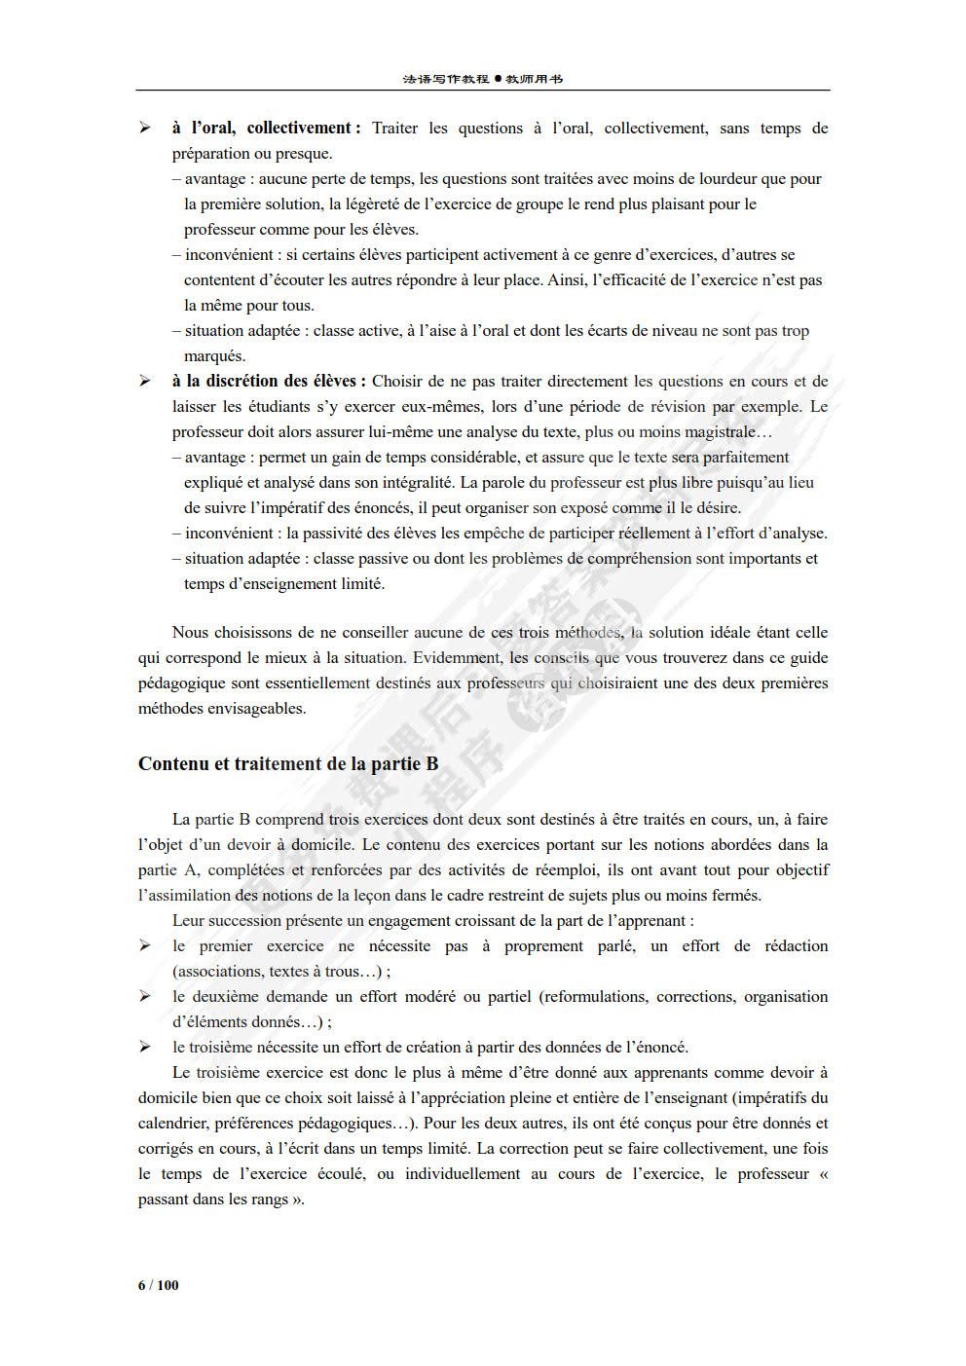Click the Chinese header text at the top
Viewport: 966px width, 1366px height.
(482, 79)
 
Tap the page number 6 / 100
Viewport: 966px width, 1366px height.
(159, 1285)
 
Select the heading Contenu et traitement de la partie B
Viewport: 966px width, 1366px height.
(288, 764)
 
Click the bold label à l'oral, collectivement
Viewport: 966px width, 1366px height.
(266, 128)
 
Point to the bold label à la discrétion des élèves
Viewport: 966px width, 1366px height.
(269, 381)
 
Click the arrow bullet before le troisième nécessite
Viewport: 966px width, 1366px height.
(145, 1047)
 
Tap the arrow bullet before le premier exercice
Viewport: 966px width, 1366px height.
(145, 945)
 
